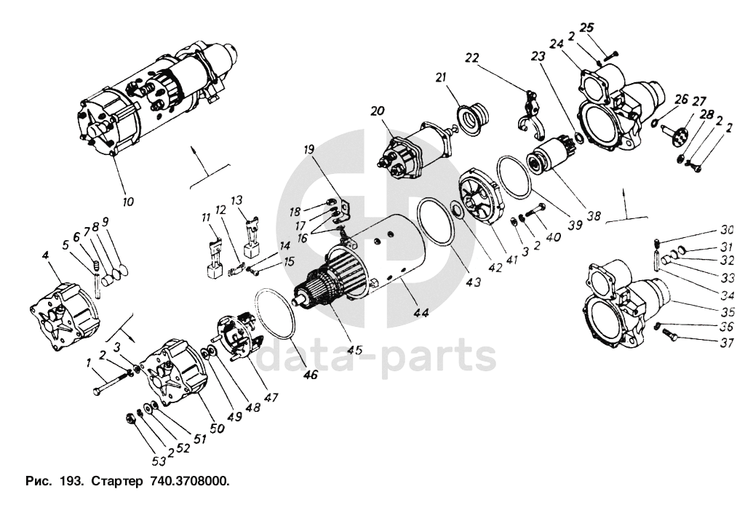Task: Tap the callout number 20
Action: coord(376,111)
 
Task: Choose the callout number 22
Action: coord(472,57)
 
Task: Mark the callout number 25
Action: coord(587,27)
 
